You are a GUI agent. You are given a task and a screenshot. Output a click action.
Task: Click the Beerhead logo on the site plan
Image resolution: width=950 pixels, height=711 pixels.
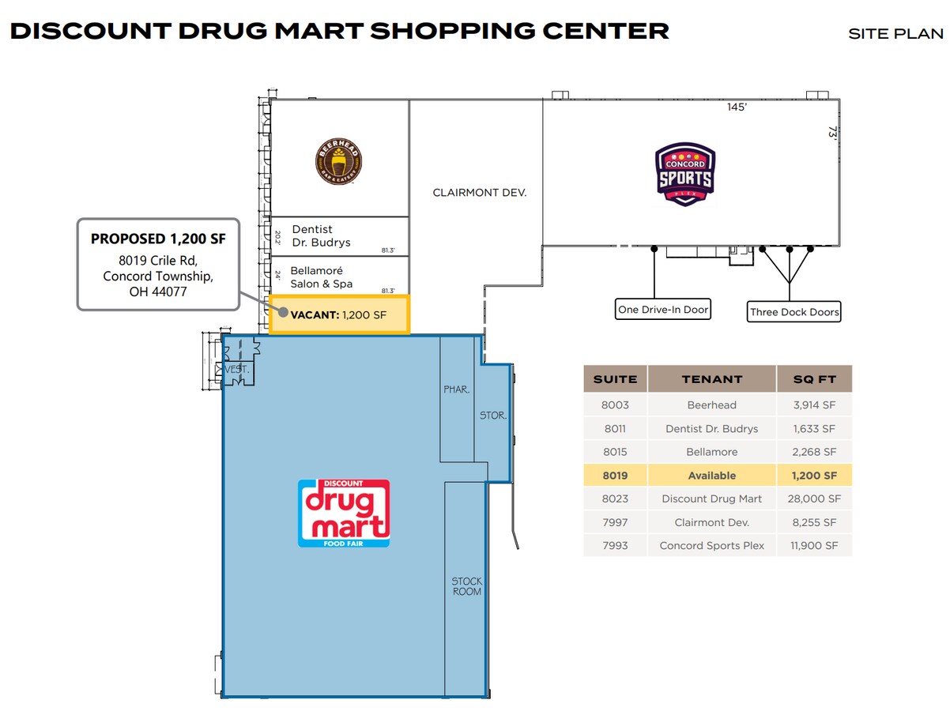(339, 160)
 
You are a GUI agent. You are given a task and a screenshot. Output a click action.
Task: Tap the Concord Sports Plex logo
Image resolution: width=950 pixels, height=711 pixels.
(685, 175)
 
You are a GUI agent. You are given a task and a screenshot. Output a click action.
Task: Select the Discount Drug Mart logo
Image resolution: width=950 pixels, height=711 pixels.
(344, 513)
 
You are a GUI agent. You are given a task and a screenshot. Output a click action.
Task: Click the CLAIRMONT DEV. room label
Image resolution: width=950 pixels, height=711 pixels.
(479, 193)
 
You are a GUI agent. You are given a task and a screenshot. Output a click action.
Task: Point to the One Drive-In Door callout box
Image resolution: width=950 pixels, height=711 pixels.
(662, 310)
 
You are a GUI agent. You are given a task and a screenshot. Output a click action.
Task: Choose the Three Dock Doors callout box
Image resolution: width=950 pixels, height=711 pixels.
(794, 312)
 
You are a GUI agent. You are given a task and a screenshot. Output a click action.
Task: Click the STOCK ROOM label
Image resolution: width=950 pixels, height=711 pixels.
(466, 586)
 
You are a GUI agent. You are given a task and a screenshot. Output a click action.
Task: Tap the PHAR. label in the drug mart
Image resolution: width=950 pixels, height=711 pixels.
(457, 389)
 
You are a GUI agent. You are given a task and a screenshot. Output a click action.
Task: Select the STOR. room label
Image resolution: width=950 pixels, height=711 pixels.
(493, 415)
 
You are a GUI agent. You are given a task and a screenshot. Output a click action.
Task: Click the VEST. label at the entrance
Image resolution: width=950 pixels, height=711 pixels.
(236, 370)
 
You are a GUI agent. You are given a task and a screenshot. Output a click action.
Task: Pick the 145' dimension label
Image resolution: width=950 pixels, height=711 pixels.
(737, 107)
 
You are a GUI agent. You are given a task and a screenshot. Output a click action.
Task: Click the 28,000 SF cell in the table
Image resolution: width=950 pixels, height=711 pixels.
(814, 498)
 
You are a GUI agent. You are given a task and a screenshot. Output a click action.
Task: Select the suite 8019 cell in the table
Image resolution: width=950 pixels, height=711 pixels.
(615, 476)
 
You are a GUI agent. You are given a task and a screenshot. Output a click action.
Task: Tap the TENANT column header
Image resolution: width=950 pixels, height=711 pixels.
(711, 379)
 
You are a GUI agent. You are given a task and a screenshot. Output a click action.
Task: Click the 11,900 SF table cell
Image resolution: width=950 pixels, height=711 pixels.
(814, 546)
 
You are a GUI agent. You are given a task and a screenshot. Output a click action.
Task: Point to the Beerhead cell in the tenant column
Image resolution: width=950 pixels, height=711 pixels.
(711, 405)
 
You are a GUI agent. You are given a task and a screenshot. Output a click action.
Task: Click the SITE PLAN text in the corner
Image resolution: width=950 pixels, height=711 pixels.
(895, 34)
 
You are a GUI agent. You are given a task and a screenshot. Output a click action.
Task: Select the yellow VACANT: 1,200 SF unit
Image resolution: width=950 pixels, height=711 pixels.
(339, 315)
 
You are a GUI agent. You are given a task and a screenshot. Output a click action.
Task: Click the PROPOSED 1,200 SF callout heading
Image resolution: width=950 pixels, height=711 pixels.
(158, 239)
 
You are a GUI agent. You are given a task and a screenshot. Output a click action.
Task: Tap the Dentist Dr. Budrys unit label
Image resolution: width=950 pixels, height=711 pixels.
(321, 236)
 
